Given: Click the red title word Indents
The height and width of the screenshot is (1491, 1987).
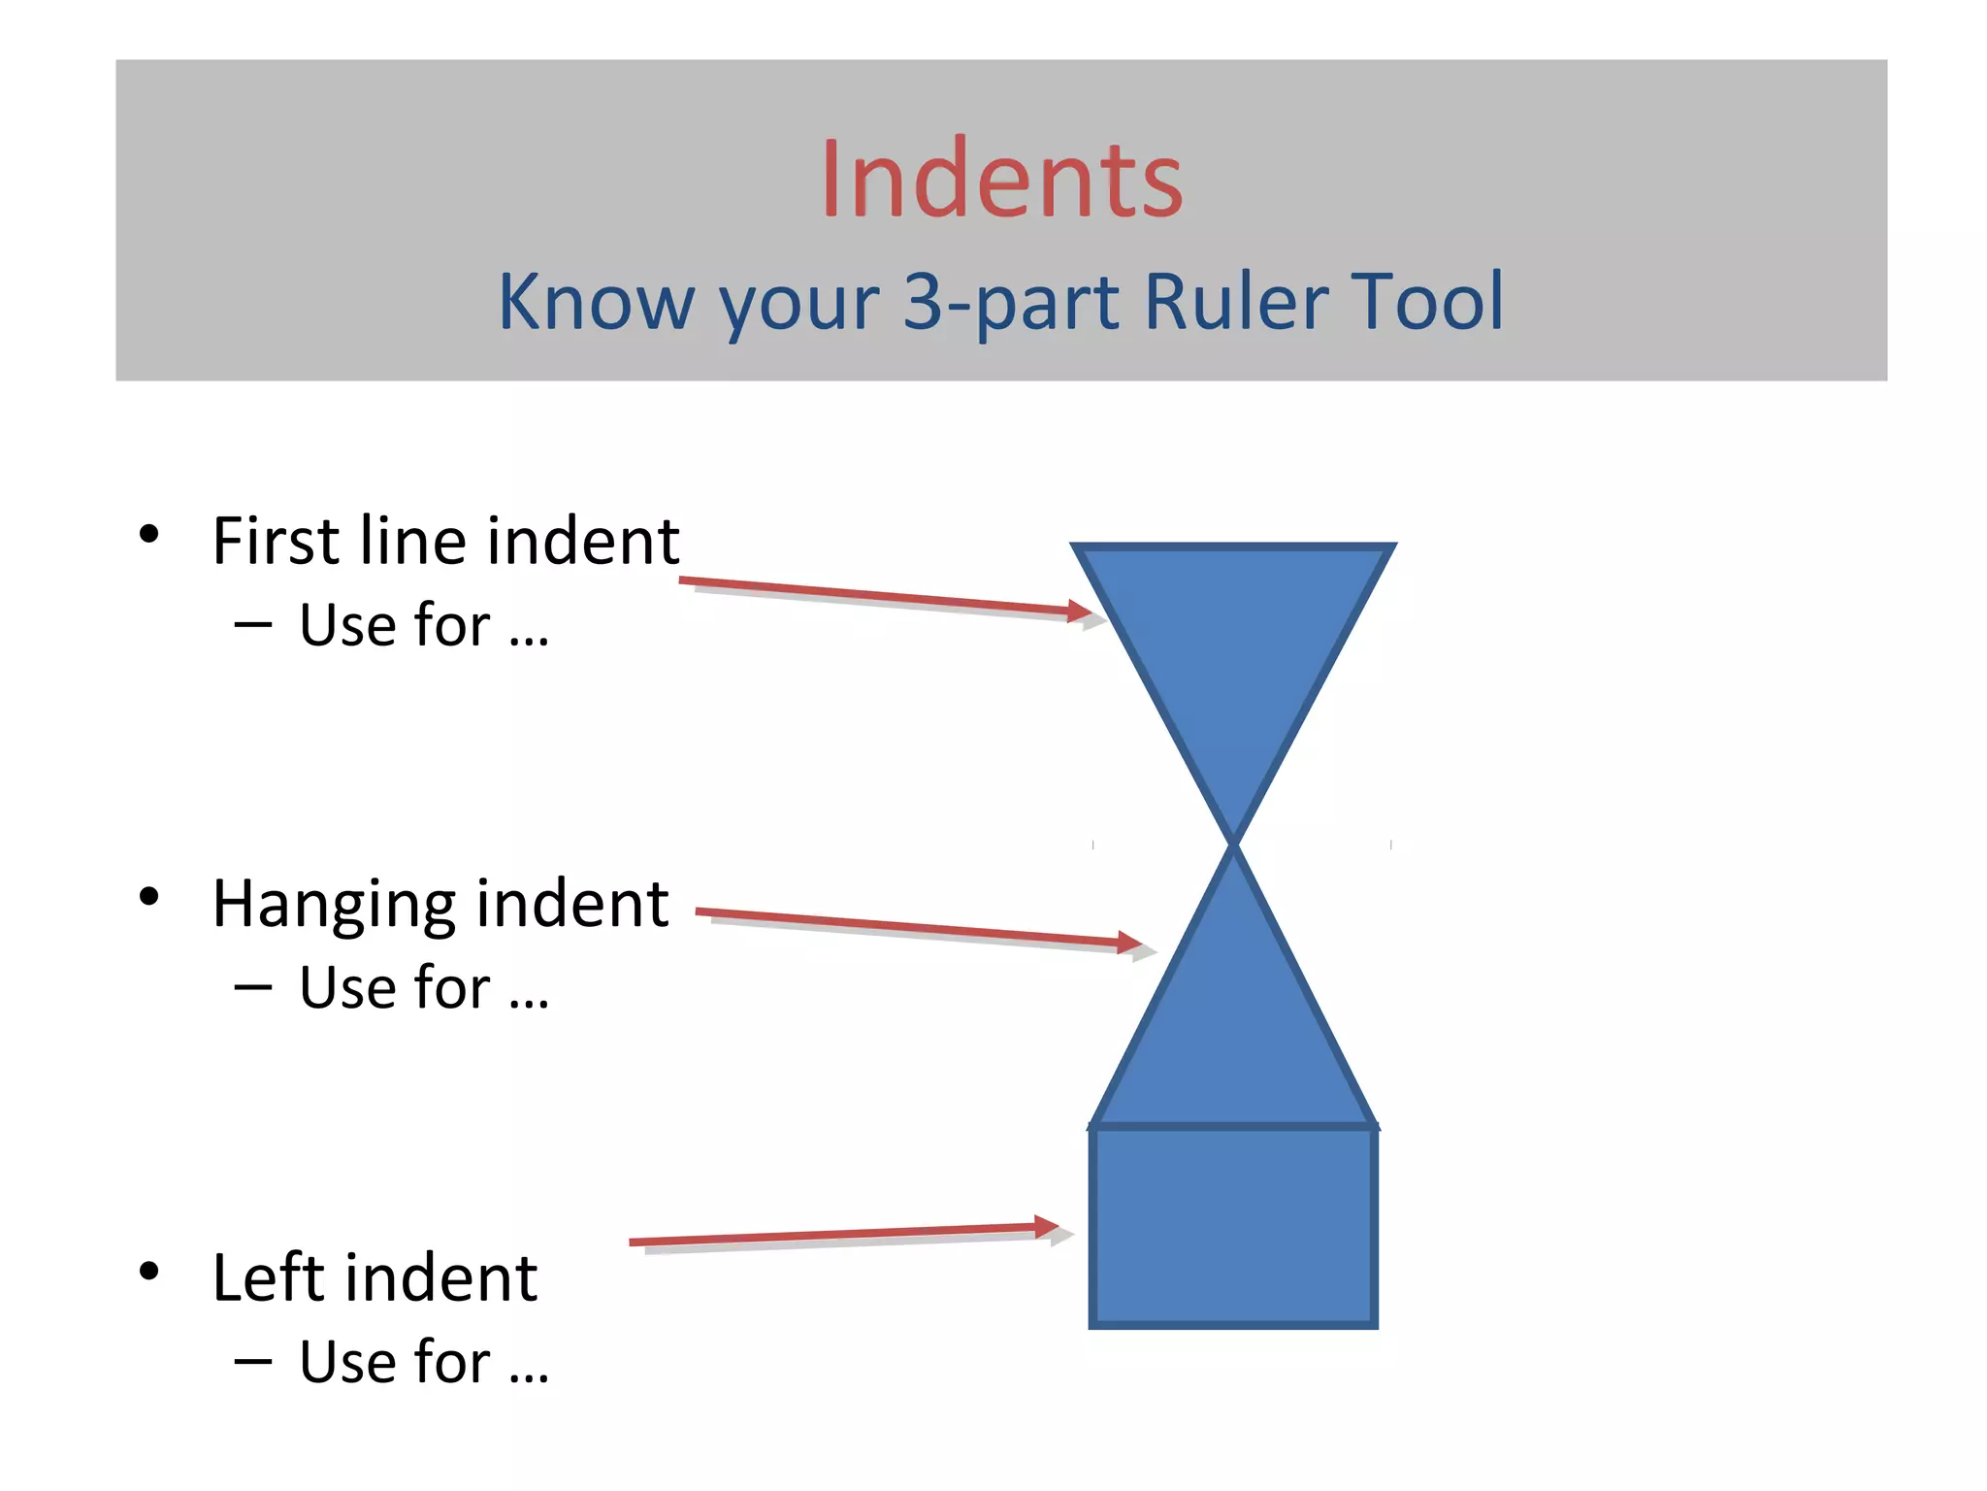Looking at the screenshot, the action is coord(1001,181).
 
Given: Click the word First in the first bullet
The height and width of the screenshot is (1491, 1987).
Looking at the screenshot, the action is coord(276,542).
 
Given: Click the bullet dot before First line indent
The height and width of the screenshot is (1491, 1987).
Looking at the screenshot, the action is coord(148,534).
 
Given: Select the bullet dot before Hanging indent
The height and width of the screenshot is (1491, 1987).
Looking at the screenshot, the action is coord(148,897).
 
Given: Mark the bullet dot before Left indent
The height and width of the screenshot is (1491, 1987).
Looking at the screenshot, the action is coord(148,1271).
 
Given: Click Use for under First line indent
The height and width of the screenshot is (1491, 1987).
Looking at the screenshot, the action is coord(423,625).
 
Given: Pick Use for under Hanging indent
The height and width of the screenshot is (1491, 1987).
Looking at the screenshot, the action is coord(423,988).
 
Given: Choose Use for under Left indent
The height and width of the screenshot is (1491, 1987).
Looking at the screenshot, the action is coord(423,1362).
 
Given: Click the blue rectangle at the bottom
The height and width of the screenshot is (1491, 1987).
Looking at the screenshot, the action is coord(1233,1226).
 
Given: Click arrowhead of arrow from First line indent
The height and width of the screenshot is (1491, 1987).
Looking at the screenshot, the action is coord(1080,611).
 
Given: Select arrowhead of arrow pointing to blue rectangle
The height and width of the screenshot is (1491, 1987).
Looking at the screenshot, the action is coord(1047,1226).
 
